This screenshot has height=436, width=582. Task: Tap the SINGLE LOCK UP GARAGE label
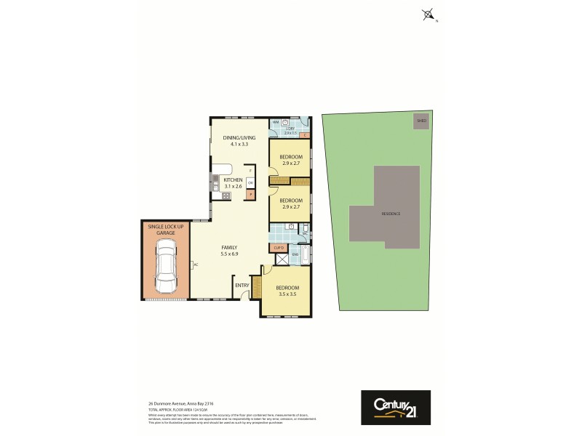pyautogui.click(x=167, y=230)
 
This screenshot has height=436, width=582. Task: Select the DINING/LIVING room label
pyautogui.click(x=235, y=141)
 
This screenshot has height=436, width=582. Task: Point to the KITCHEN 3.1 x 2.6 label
pyautogui.click(x=233, y=182)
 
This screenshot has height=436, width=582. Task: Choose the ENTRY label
pyautogui.click(x=242, y=285)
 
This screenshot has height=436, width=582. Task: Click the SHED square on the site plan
pyautogui.click(x=421, y=121)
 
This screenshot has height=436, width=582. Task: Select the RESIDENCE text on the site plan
pyautogui.click(x=391, y=214)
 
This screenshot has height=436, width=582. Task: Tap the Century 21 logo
pyautogui.click(x=396, y=408)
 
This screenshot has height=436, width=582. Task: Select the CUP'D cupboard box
pyautogui.click(x=279, y=248)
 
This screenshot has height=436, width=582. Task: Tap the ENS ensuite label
pyautogui.click(x=295, y=254)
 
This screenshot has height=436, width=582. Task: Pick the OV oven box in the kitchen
pyautogui.click(x=250, y=182)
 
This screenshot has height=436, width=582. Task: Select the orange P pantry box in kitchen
pyautogui.click(x=250, y=194)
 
